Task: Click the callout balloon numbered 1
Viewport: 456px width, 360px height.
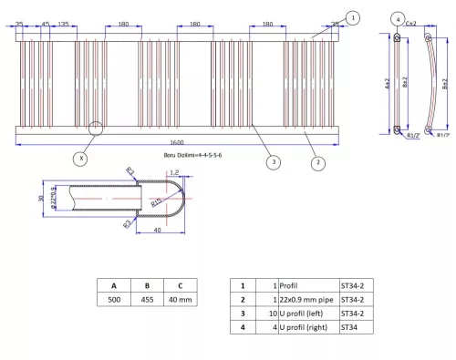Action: [354, 17]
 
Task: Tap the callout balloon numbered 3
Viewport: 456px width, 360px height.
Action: [273, 162]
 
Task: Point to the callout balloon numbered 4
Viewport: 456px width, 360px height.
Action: [399, 18]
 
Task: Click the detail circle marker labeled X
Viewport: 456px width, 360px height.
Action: [82, 158]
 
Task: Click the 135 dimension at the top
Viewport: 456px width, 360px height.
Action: [63, 24]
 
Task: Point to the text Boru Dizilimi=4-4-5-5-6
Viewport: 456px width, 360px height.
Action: [194, 155]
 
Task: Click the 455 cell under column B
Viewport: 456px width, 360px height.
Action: [148, 299]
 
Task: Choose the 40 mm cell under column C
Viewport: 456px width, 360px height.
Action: [182, 299]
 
